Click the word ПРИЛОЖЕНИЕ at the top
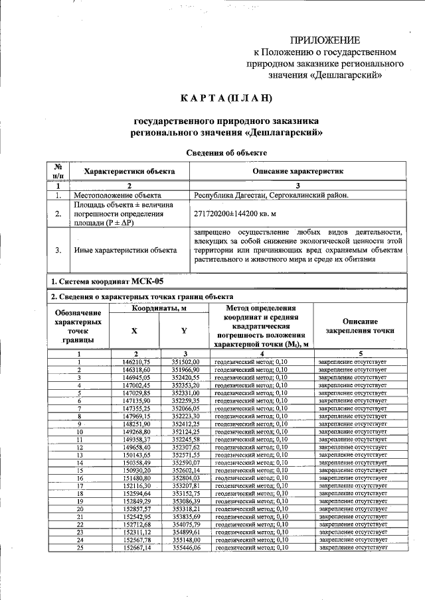click(x=325, y=40)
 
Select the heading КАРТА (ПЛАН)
click(x=226, y=99)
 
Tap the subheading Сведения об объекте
click(x=226, y=152)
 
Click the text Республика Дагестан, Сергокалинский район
click(x=270, y=196)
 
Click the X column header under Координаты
click(x=135, y=330)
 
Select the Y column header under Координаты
click(x=184, y=330)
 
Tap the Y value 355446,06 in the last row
click(x=186, y=548)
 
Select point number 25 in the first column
click(x=78, y=548)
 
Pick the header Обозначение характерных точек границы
click(x=78, y=326)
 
